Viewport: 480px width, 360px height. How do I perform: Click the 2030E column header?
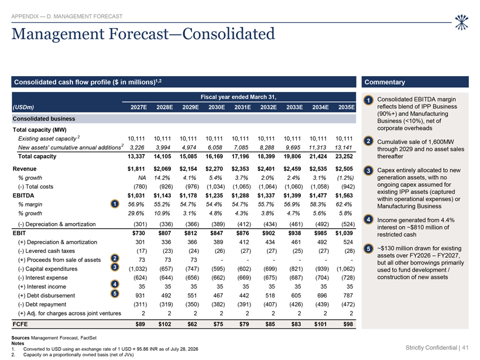pyautogui.click(x=217, y=107)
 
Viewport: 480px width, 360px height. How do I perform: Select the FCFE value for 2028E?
pyautogui.click(x=164, y=324)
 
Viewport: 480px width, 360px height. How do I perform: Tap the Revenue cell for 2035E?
pyautogui.click(x=344, y=169)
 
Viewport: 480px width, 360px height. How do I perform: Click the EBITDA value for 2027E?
pyautogui.click(x=136, y=196)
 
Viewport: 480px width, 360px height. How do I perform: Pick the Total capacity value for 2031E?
pyautogui.click(x=241, y=156)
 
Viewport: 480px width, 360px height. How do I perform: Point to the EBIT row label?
pyautogui.click(x=19, y=233)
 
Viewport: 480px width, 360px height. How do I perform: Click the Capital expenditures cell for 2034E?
pyautogui.click(x=322, y=269)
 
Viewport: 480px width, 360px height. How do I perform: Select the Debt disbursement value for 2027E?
pyautogui.click(x=140, y=296)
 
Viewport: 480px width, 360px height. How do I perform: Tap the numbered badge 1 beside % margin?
pyautogui.click(x=115, y=204)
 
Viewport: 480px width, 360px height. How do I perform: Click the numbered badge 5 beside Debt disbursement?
pyautogui.click(x=115, y=294)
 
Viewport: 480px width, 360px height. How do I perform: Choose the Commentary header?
pyautogui.click(x=385, y=82)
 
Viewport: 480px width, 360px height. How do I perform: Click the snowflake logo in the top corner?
pyautogui.click(x=461, y=22)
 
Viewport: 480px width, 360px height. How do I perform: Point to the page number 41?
pyautogui.click(x=465, y=348)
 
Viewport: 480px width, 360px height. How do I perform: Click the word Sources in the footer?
pyautogui.click(x=20, y=338)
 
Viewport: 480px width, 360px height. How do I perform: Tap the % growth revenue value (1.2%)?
pyautogui.click(x=345, y=177)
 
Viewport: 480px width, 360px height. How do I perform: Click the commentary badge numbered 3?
pyautogui.click(x=369, y=170)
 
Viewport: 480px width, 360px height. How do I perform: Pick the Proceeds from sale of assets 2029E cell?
pyautogui.click(x=194, y=260)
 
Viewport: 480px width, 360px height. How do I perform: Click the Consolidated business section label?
pyautogui.click(x=44, y=119)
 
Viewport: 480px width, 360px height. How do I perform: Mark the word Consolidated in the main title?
pyautogui.click(x=228, y=34)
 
